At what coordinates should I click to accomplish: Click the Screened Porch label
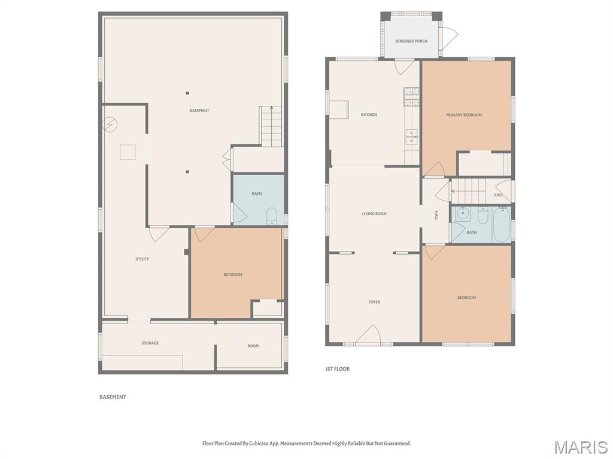tap(411, 41)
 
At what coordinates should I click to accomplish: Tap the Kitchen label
tap(369, 114)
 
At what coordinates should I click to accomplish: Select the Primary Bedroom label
tap(464, 115)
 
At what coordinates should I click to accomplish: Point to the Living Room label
tap(374, 213)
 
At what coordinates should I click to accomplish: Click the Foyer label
tap(374, 302)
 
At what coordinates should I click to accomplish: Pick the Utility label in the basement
tap(142, 259)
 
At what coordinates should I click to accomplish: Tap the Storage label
tap(150, 343)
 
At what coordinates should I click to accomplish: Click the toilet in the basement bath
tap(271, 216)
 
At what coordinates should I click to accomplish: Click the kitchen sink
tap(412, 137)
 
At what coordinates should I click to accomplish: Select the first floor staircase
tap(468, 191)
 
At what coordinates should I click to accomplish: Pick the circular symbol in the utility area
tap(110, 124)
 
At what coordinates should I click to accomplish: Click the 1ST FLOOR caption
tap(337, 369)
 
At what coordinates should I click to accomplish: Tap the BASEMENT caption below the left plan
tap(113, 397)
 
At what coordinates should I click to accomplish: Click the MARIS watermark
tap(580, 447)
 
